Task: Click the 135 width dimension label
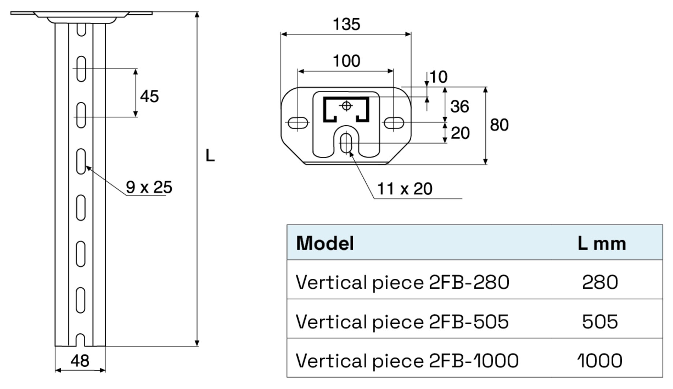[x=346, y=25]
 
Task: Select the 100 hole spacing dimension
[x=346, y=61]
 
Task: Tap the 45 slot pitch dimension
[x=149, y=96]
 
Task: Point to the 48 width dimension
[x=80, y=361]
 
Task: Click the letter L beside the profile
[x=210, y=156]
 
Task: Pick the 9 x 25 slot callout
[x=149, y=187]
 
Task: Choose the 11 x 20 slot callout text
[x=404, y=189]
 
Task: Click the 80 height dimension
[x=499, y=125]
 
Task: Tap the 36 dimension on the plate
[x=460, y=107]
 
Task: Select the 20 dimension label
[x=460, y=133]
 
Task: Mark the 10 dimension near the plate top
[x=438, y=77]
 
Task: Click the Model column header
[x=325, y=243]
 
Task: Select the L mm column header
[x=601, y=243]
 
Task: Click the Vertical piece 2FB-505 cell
[x=402, y=322]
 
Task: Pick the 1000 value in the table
[x=599, y=360]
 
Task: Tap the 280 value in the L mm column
[x=599, y=282]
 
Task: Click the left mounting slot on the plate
[x=298, y=123]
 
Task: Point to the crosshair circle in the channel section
[x=346, y=106]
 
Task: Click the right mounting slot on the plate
[x=393, y=123]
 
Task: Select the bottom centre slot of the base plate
[x=346, y=143]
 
